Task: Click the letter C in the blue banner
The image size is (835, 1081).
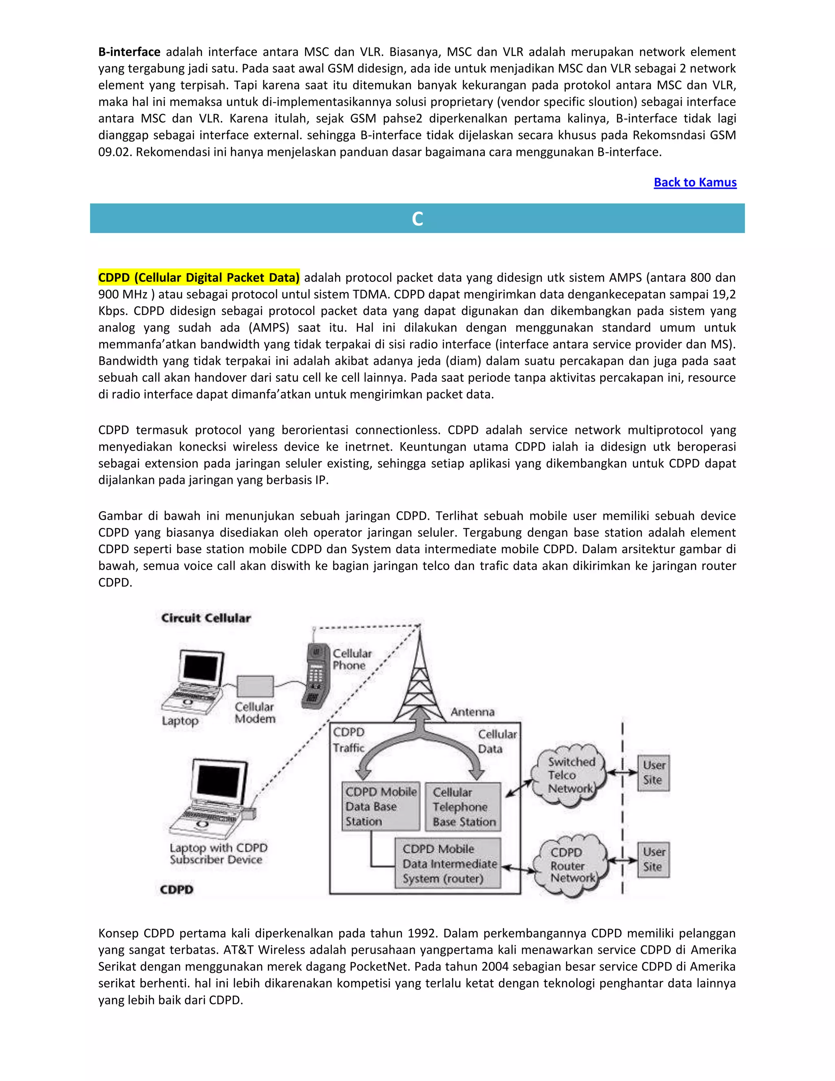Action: pyautogui.click(x=417, y=219)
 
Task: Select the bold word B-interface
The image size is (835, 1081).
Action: pyautogui.click(x=129, y=52)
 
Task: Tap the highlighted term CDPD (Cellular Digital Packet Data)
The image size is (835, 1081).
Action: pyautogui.click(x=199, y=278)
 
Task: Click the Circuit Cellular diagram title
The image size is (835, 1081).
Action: pyautogui.click(x=206, y=618)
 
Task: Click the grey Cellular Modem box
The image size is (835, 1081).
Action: pyautogui.click(x=255, y=687)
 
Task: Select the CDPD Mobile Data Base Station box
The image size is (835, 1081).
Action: pyautogui.click(x=380, y=806)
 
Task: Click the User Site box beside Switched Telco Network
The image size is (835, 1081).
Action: pyautogui.click(x=653, y=772)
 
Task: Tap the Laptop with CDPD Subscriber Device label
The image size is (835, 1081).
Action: pyautogui.click(x=218, y=853)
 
